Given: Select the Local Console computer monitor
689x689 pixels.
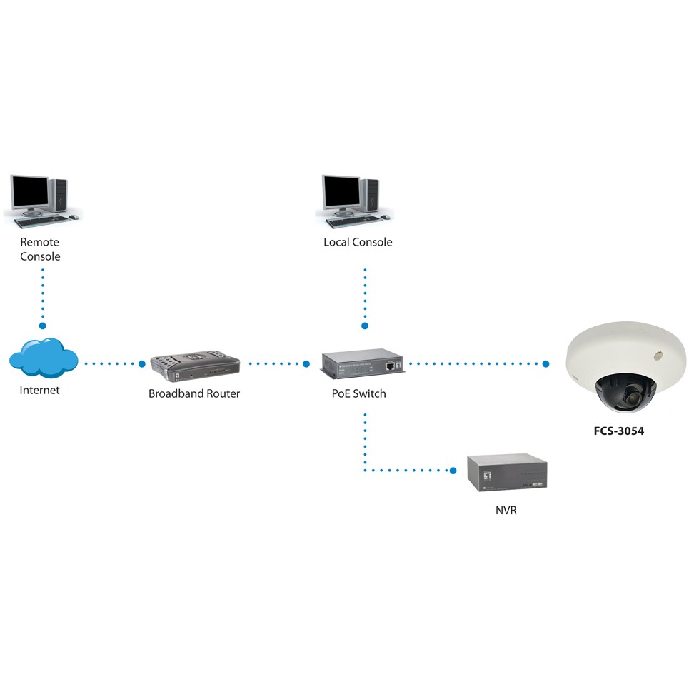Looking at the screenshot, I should pyautogui.click(x=341, y=191).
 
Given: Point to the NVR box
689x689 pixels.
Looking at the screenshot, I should pyautogui.click(x=507, y=472).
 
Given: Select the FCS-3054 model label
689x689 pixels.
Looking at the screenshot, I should pyautogui.click(x=618, y=431).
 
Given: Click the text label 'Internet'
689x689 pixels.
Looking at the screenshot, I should pyautogui.click(x=39, y=390).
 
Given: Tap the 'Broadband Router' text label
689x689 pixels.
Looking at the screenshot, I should pyautogui.click(x=194, y=393).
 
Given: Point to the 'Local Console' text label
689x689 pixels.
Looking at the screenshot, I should pyautogui.click(x=358, y=242).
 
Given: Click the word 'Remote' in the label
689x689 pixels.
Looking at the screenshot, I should pyautogui.click(x=39, y=242).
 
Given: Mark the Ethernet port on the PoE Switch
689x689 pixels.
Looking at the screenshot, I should pyautogui.click(x=388, y=365).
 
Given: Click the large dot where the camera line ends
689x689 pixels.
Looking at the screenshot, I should pyautogui.click(x=545, y=364).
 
